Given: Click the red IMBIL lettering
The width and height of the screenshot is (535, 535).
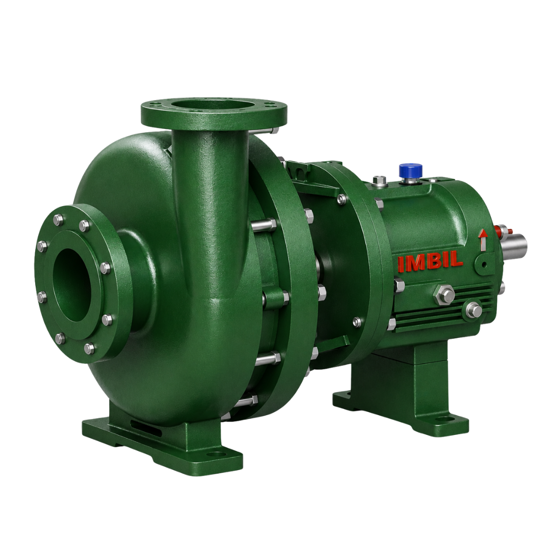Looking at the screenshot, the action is [x=430, y=263].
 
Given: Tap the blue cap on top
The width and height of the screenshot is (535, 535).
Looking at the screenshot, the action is [x=411, y=169].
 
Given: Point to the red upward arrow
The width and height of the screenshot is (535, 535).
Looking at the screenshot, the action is [x=483, y=240].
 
